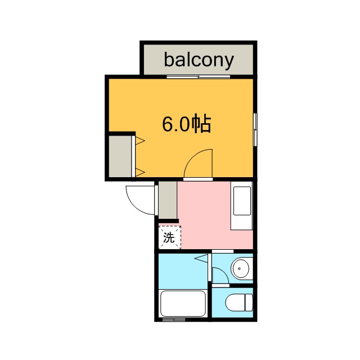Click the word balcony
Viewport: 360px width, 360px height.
click(x=199, y=60)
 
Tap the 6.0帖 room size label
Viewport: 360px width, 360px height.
click(x=186, y=124)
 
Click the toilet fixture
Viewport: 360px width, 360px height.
click(x=239, y=302)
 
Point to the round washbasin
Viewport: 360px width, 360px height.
click(x=240, y=268)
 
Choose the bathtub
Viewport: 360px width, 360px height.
click(x=183, y=304)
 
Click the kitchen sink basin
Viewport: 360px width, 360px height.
click(x=242, y=201)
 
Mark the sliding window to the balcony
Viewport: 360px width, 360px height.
click(x=199, y=76)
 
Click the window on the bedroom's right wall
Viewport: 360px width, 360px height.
click(x=255, y=129)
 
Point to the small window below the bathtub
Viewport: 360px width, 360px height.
click(x=174, y=319)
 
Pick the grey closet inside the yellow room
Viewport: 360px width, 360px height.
click(x=120, y=156)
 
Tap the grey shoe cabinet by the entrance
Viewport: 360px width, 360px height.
click(x=168, y=200)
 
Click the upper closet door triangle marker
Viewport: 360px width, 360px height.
click(x=140, y=140)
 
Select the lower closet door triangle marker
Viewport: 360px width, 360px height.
click(x=140, y=172)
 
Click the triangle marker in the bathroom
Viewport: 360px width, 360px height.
click(x=201, y=258)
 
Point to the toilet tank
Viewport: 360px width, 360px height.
click(x=249, y=302)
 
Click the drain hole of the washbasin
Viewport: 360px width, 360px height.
click(x=240, y=269)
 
